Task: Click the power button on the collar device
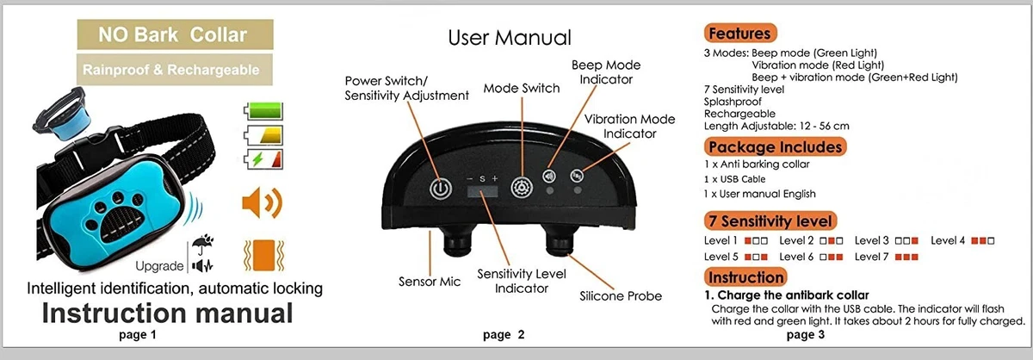coord(441,188)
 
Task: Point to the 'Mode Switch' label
coord(521,88)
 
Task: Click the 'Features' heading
coord(739,34)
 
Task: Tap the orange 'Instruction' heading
coord(746,276)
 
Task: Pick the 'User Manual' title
coord(509,38)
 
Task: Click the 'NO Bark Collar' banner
coord(172,35)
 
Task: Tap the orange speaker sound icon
coord(263,203)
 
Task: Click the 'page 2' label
coord(504,335)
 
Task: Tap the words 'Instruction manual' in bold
coord(167,312)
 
